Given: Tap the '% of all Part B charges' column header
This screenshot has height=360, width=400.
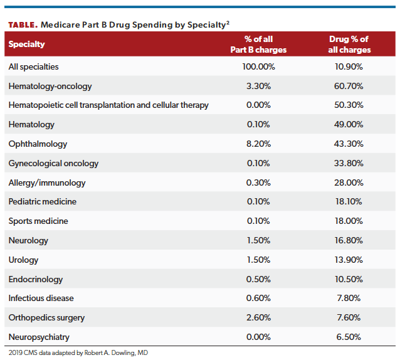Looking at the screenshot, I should click(x=258, y=45).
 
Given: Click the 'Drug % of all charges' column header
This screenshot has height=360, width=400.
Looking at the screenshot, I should click(x=350, y=45).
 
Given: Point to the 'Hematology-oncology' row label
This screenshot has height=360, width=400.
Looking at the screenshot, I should click(x=46, y=86).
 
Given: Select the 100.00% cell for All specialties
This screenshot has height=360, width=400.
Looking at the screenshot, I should click(x=258, y=66).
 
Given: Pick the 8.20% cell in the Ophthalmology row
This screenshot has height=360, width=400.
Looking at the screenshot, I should click(x=258, y=144).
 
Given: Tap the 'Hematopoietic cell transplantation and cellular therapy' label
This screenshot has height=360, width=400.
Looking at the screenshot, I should click(x=108, y=105).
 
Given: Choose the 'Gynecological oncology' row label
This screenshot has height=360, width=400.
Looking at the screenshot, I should click(x=53, y=163).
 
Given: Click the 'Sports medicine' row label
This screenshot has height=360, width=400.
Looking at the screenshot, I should click(x=38, y=221).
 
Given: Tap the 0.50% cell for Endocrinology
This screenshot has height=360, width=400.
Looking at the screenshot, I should click(x=258, y=279).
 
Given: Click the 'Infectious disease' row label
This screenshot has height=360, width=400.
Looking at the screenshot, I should click(x=42, y=299).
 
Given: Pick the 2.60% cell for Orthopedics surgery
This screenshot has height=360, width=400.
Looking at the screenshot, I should click(x=258, y=318).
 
